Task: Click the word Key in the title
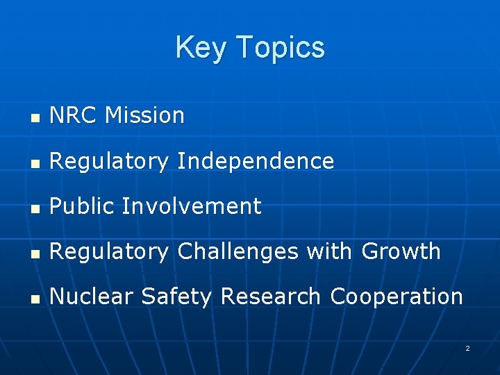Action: point(202,48)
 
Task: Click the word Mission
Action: point(144,115)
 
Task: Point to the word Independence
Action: point(256,161)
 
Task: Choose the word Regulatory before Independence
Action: point(109,162)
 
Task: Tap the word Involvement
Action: point(192,206)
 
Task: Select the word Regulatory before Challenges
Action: point(109,252)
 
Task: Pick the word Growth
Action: point(401,251)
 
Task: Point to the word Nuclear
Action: point(91,297)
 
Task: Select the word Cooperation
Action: point(396,297)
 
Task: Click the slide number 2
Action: point(467,348)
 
